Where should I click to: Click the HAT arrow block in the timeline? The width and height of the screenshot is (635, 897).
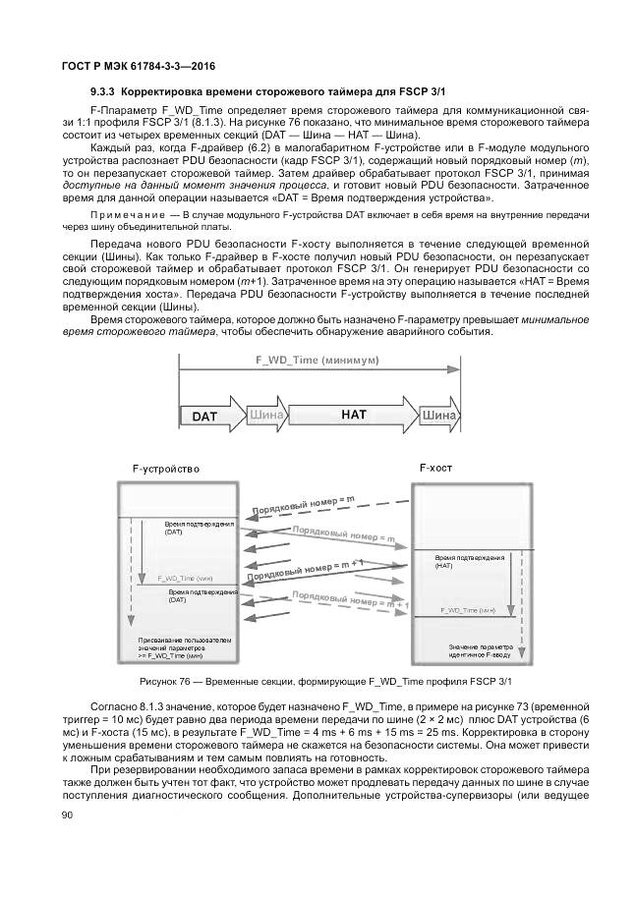(x=354, y=416)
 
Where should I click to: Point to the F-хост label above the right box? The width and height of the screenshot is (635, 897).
(x=435, y=468)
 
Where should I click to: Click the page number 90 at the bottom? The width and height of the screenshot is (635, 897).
(x=68, y=815)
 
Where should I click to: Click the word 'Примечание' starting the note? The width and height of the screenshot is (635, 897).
(x=126, y=214)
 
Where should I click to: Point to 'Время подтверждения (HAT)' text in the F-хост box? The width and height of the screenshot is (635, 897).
(x=470, y=561)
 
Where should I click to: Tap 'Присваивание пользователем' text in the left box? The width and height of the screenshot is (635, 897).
(x=186, y=640)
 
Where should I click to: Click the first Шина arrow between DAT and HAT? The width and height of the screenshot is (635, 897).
(x=267, y=416)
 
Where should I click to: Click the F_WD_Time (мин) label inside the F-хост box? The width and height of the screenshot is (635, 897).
(x=467, y=610)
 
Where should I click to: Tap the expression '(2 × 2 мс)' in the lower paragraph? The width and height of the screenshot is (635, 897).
(x=447, y=718)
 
